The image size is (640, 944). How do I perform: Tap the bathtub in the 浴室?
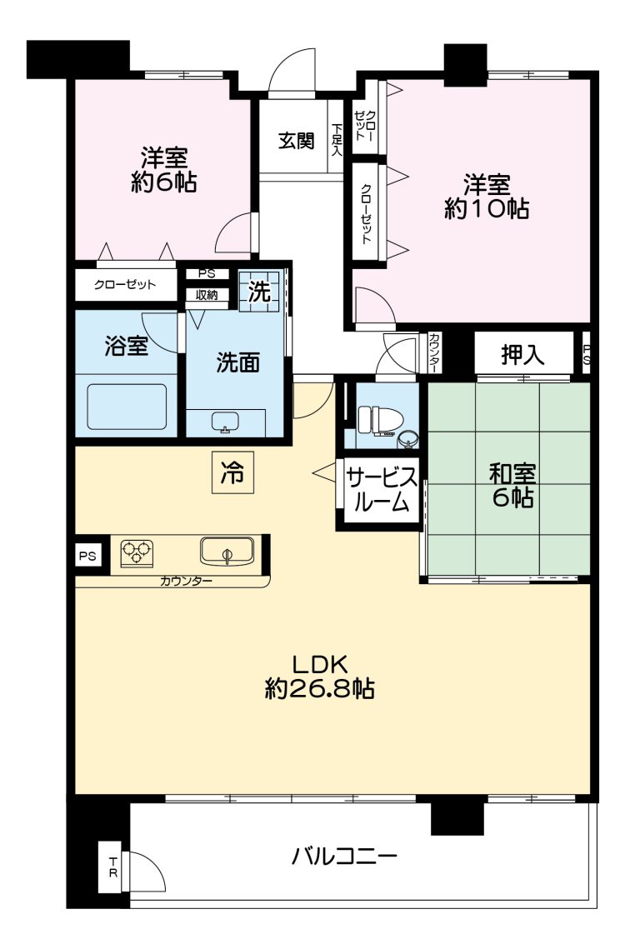(x=127, y=407)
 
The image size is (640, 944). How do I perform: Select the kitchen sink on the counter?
(x=227, y=551)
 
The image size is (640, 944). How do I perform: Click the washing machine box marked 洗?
(x=259, y=292)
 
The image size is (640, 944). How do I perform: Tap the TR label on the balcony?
(x=112, y=869)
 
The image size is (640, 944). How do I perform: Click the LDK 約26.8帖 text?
(x=320, y=677)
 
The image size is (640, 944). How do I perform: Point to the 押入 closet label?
(x=522, y=355)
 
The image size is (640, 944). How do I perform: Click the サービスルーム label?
(x=381, y=490)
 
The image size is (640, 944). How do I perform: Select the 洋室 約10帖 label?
(x=487, y=197)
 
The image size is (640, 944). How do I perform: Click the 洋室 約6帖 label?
(x=164, y=170)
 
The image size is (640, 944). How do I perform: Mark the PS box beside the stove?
(x=87, y=557)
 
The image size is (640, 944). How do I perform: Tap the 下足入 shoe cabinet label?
(x=336, y=141)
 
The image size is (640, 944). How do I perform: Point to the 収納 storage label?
(x=207, y=296)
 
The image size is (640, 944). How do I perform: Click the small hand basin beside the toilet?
(x=407, y=439)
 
